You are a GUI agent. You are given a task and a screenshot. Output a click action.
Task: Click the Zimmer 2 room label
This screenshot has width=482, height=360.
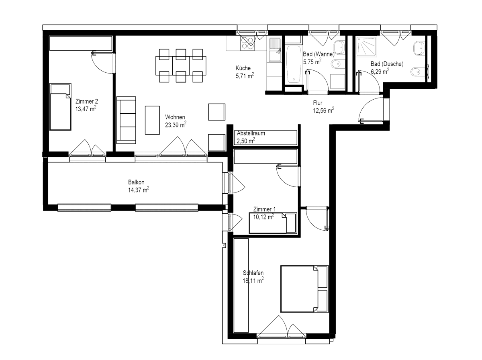(x=86, y=102)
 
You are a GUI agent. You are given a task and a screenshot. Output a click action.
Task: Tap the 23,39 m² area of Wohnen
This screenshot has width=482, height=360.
(x=176, y=125)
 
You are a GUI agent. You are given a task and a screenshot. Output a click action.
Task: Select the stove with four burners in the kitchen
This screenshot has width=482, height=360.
(x=247, y=43)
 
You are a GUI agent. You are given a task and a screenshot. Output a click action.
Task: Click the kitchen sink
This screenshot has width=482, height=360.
(x=275, y=50)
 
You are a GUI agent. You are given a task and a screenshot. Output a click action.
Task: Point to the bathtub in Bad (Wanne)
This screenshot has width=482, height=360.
(x=293, y=64)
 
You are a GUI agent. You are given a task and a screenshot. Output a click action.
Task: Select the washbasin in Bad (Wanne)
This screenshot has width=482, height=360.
(x=339, y=47)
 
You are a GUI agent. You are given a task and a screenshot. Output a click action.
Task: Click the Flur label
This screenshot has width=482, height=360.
(x=318, y=103)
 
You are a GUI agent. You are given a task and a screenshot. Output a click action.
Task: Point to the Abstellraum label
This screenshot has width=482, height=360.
(x=251, y=133)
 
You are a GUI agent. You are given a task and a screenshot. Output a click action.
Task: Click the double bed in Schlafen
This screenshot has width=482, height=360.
(x=304, y=289)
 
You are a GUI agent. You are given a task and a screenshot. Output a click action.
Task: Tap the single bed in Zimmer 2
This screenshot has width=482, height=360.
(x=60, y=107)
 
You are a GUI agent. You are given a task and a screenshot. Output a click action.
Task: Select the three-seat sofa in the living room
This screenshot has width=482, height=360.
(x=126, y=120)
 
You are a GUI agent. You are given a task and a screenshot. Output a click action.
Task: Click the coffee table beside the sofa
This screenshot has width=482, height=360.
(x=152, y=120)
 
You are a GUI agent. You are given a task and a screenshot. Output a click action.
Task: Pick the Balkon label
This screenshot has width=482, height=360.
(x=136, y=182)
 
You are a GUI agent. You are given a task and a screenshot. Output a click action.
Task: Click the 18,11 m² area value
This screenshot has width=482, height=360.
(x=253, y=280)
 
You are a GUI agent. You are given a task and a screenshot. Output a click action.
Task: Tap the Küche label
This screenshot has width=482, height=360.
(x=243, y=68)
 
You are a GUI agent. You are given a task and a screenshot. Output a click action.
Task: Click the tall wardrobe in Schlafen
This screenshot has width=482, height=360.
(x=241, y=286)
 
